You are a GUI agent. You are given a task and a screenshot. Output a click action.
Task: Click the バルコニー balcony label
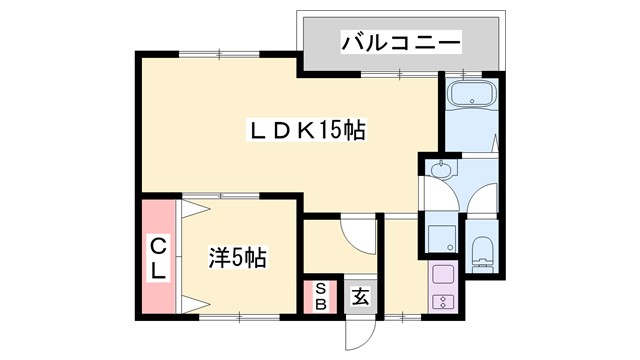[x=400, y=43]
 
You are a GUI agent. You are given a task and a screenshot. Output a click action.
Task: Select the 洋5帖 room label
[x=237, y=257]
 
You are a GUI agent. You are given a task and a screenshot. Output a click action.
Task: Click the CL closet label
[x=159, y=257]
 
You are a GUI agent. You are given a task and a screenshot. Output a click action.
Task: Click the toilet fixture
[x=481, y=254]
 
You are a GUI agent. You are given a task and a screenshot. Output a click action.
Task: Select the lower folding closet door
[x=192, y=299]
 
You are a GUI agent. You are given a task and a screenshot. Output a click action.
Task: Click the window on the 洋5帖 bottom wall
[x=241, y=316]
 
